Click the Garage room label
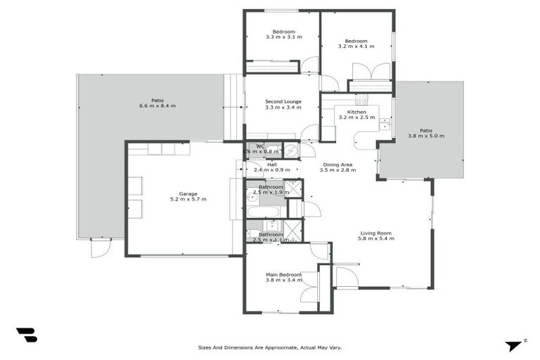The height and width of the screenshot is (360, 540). coord(183,193)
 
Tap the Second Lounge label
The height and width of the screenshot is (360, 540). coord(283,102)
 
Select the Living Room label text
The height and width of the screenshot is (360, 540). coord(376,233)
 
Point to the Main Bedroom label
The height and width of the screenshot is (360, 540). coord(283,274)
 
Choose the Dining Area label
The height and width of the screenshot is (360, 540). coord(335,165)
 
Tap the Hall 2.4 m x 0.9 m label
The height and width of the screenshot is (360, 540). coord(271,166)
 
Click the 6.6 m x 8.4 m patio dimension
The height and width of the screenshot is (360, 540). coord(157,106)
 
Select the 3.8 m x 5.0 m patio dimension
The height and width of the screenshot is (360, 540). coord(426,136)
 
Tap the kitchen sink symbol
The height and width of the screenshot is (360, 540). coord(385,124)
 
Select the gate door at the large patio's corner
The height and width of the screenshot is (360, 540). coord(101,247)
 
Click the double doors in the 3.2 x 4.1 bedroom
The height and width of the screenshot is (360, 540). coord(371,72)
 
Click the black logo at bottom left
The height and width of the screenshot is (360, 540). coord(26,335)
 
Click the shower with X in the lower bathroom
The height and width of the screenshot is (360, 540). coord(292,231)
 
